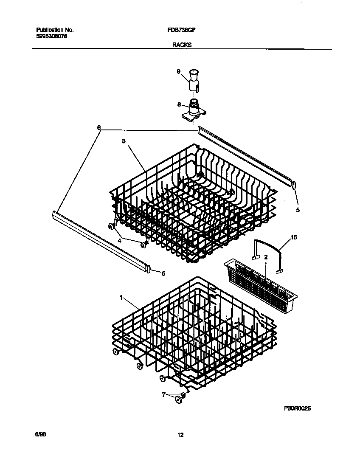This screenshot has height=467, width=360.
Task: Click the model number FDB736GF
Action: pos(181,30)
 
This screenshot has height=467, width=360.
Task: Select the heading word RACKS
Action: pos(182,44)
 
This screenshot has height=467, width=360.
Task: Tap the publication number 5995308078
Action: pos(51,37)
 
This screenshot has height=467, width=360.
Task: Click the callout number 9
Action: pos(179,72)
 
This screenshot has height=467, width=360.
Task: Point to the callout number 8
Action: pos(179,104)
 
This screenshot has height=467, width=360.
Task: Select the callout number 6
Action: pos(99,127)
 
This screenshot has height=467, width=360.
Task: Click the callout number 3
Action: pos(124,142)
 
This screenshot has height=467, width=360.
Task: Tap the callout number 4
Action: pos(119,240)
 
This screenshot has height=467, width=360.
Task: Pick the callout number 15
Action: pos(293,237)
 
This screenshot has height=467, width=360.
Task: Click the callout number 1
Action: pos(121,298)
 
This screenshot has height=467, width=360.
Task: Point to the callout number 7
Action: pos(163,395)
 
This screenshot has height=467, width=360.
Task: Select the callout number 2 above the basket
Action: pos(266,257)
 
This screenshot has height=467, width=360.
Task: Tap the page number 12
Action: pos(180,435)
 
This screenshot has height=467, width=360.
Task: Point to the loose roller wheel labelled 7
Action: pos(180,397)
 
